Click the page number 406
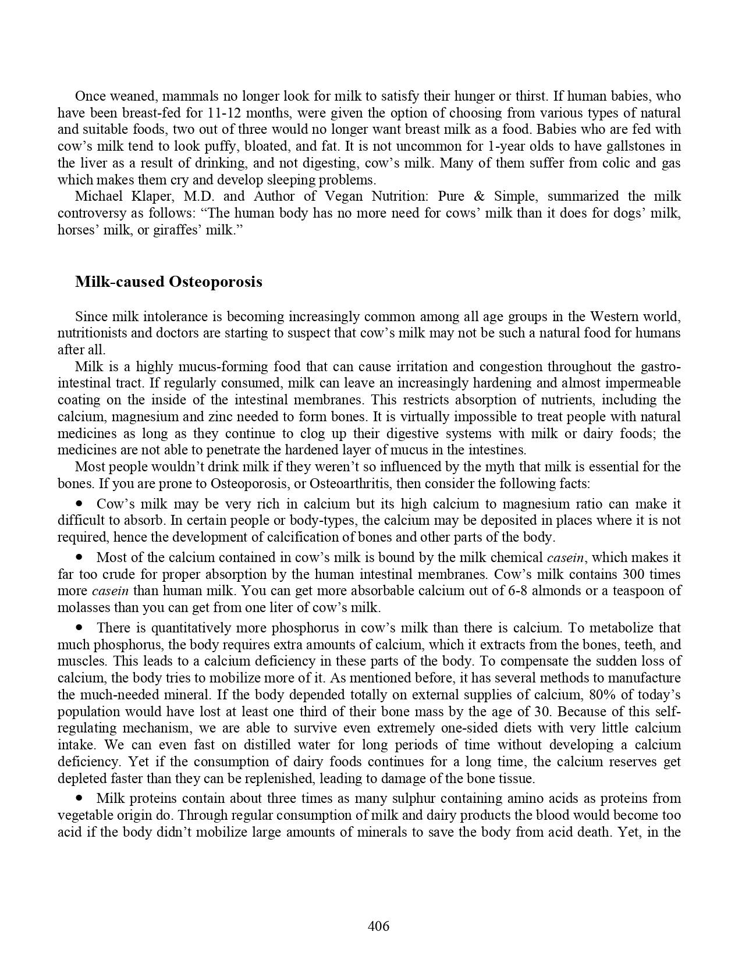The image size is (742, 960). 378,926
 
